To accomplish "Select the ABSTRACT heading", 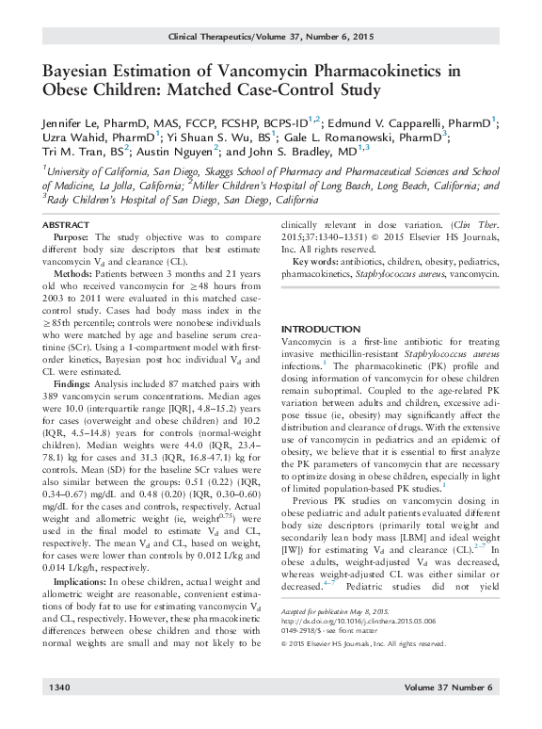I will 69,229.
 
